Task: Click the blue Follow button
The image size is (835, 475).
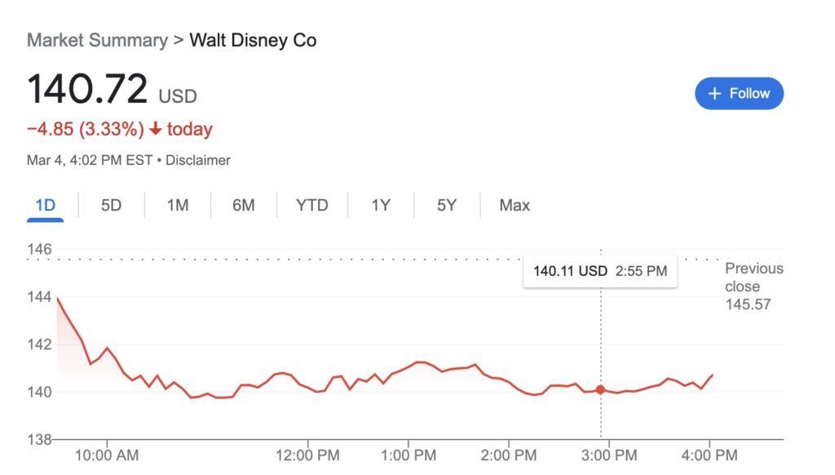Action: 739,94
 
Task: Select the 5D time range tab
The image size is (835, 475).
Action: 111,205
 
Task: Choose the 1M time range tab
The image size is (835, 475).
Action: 178,205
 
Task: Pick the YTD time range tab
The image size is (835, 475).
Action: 311,205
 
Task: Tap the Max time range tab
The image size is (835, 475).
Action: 515,205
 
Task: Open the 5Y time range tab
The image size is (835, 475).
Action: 447,205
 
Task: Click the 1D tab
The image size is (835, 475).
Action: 46,205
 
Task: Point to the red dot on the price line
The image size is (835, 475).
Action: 601,390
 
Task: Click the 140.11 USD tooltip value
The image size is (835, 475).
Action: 570,271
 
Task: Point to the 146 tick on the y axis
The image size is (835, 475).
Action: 40,249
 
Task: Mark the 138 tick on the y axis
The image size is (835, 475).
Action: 40,439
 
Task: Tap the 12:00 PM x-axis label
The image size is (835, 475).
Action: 307,455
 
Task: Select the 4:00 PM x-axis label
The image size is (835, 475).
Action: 709,455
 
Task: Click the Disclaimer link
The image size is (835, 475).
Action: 198,161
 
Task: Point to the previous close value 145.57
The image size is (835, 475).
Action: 748,304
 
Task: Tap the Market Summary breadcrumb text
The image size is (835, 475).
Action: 97,40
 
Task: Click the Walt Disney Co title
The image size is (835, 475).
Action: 253,40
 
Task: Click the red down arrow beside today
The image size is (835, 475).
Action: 155,130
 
